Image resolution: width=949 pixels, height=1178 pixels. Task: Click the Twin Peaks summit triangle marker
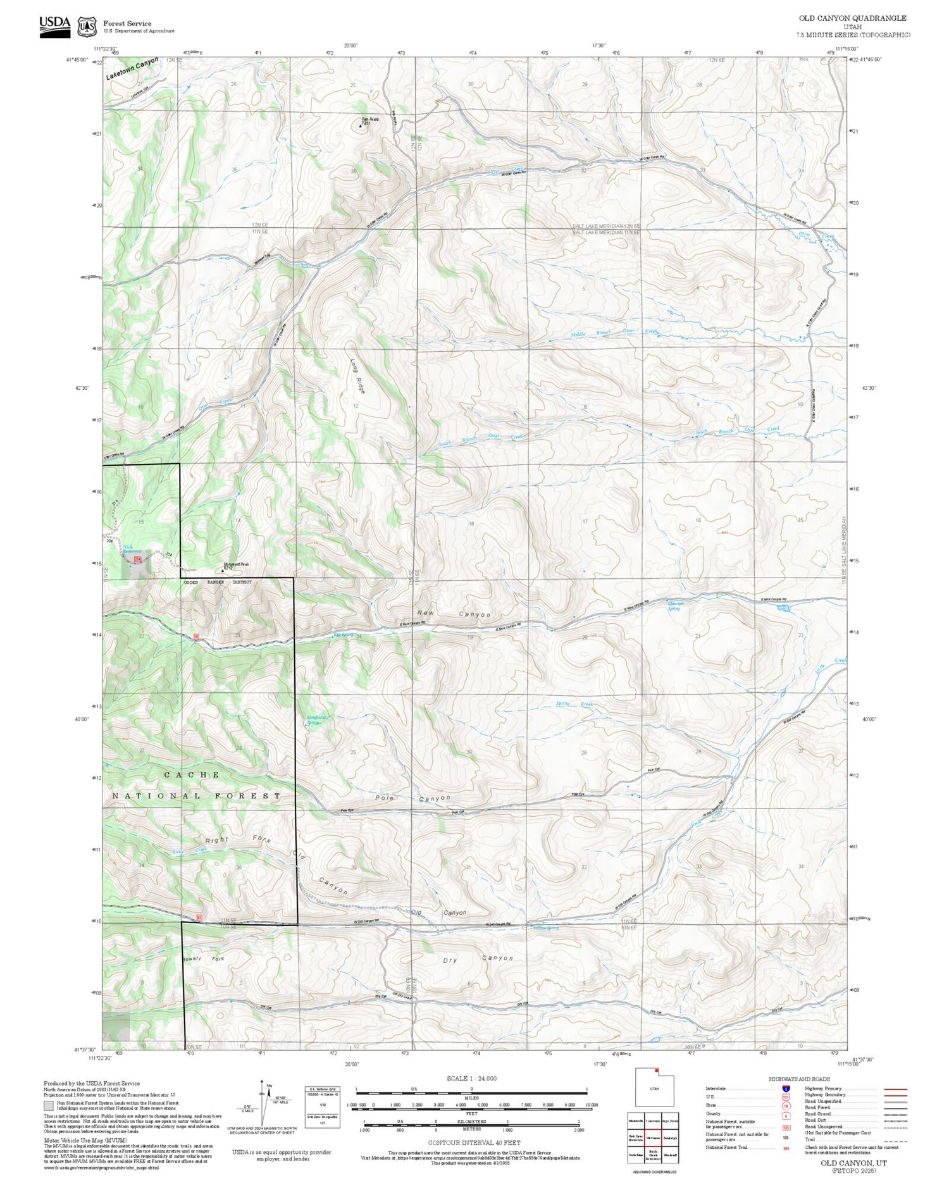pos(361,126)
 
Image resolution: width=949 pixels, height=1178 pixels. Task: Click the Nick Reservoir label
pos(132,549)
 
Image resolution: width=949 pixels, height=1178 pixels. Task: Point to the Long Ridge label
pos(357,376)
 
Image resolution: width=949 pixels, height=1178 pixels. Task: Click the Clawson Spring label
pos(676,605)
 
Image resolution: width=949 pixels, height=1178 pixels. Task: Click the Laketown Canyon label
pos(132,68)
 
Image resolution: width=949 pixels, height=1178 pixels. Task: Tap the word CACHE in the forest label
pos(192,774)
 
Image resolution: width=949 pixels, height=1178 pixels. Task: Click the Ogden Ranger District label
pos(217,582)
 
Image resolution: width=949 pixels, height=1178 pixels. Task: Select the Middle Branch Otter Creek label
pos(614,332)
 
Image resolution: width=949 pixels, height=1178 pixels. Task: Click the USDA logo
pos(55,26)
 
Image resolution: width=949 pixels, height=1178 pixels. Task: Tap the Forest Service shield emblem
pos(87,27)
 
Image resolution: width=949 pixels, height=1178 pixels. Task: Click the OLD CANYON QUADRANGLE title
pos(852,18)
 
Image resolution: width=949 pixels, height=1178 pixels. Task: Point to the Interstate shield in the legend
pos(786,1088)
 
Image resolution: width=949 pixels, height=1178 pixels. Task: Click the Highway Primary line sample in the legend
pos(893,1089)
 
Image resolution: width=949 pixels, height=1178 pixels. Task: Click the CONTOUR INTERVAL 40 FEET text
pos(474,1143)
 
